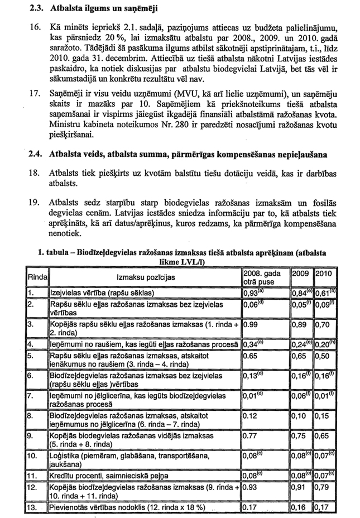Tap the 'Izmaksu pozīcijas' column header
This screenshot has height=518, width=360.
coord(146,277)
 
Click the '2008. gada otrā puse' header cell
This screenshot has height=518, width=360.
coord(265,277)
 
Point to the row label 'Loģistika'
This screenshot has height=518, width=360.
coord(66,456)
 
